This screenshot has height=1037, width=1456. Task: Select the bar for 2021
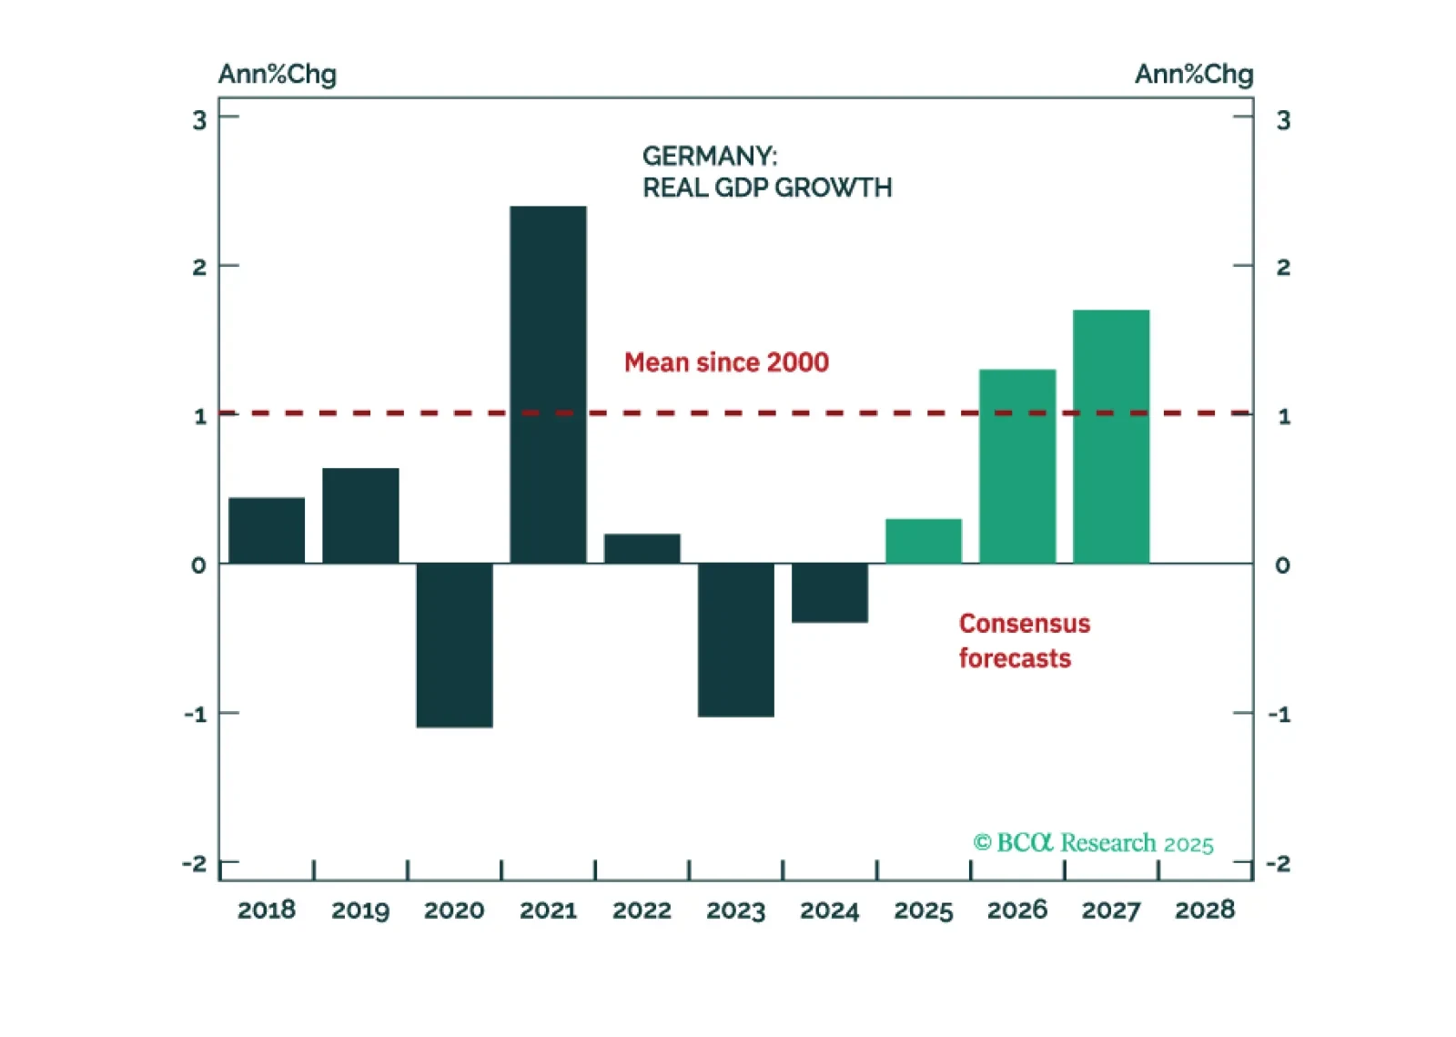[548, 384]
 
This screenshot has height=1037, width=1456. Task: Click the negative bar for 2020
[454, 645]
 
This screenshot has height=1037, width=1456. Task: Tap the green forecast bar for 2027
[1111, 436]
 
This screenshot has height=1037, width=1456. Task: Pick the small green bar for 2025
[923, 541]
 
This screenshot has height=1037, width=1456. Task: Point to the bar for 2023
[735, 639]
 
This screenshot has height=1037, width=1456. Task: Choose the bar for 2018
[267, 530]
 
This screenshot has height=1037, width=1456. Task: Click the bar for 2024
[829, 593]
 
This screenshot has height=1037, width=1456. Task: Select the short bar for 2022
[642, 548]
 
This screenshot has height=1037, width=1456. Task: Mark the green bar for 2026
[1017, 466]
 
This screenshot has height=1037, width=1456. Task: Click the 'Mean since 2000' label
[726, 362]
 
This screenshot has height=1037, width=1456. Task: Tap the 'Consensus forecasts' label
[1023, 641]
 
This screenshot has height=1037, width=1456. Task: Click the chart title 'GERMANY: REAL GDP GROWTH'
[766, 171]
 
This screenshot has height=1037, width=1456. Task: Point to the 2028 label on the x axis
[1205, 910]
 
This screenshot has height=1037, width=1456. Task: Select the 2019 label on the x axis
[360, 910]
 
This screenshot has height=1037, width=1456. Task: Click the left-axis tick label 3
[199, 120]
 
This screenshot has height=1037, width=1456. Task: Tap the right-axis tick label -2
[1279, 863]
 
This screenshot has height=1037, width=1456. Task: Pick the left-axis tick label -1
[196, 714]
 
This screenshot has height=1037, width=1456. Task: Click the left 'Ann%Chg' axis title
[278, 74]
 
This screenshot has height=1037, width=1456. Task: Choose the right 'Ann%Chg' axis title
[1194, 74]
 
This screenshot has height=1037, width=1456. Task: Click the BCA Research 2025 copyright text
[1093, 843]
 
